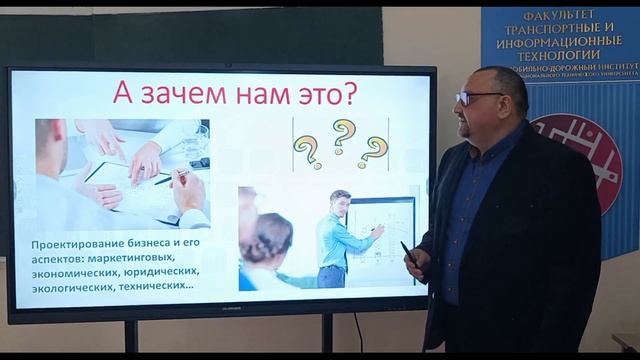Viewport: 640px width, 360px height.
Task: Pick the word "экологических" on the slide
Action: [76, 284]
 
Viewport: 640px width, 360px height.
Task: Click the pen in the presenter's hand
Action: [408, 253]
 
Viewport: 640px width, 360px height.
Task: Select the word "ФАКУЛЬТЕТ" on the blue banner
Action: [559, 19]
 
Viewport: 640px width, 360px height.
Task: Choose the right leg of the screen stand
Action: [327, 331]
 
